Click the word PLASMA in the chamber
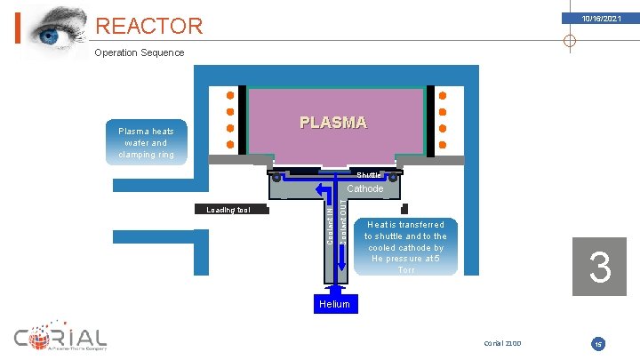332,123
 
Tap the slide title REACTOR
148,27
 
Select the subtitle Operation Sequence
140,52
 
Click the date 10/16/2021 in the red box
602,19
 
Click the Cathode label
364,188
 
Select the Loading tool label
228,211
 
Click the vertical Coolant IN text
330,228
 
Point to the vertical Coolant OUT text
344,228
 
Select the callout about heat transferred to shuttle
405,247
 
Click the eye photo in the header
55,29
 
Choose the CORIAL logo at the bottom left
60,340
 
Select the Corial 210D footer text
502,342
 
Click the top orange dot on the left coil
229,96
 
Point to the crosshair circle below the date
570,41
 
